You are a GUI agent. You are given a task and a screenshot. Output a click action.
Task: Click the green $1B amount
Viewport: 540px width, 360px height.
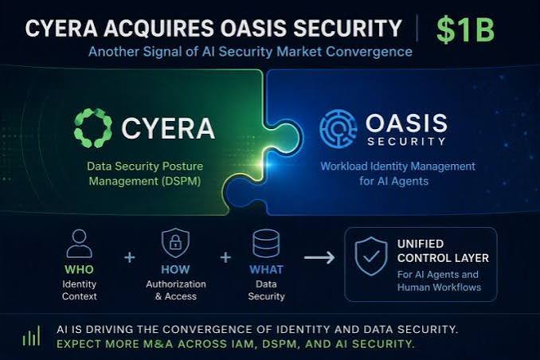pyautogui.click(x=465, y=29)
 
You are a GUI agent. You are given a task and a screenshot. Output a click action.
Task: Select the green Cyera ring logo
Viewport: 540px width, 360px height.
pyautogui.click(x=93, y=128)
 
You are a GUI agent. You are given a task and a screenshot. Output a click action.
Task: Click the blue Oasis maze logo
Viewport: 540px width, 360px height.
pyautogui.click(x=338, y=128)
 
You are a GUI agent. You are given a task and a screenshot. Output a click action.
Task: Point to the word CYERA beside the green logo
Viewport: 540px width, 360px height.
pyautogui.click(x=168, y=128)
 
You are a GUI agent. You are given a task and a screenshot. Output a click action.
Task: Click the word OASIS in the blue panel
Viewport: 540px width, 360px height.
pyautogui.click(x=406, y=123)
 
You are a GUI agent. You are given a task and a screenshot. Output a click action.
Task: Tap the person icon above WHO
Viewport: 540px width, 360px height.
pyautogui.click(x=79, y=244)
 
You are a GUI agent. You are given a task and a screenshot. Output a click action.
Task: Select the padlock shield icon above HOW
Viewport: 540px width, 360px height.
pyautogui.click(x=175, y=243)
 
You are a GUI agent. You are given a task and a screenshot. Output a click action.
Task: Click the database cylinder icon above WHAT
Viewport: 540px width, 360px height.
pyautogui.click(x=266, y=244)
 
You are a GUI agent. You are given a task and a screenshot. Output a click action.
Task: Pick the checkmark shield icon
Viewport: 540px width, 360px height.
pyautogui.click(x=371, y=256)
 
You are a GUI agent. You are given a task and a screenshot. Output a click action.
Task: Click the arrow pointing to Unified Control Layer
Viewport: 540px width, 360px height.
pyautogui.click(x=319, y=257)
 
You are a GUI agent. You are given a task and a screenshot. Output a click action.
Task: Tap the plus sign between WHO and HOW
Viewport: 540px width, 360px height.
pyautogui.click(x=130, y=257)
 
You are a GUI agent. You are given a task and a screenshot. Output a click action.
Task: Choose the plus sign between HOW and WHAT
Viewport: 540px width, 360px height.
pyautogui.click(x=225, y=257)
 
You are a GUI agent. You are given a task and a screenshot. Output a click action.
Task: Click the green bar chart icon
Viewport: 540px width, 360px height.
pyautogui.click(x=31, y=336)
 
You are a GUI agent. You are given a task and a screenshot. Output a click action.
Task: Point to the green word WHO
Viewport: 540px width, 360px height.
pyautogui.click(x=79, y=269)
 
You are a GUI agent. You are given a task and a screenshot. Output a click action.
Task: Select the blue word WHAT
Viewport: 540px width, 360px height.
pyautogui.click(x=266, y=269)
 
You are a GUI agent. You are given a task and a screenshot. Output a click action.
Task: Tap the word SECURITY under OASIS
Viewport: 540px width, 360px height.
pyautogui.click(x=406, y=142)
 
